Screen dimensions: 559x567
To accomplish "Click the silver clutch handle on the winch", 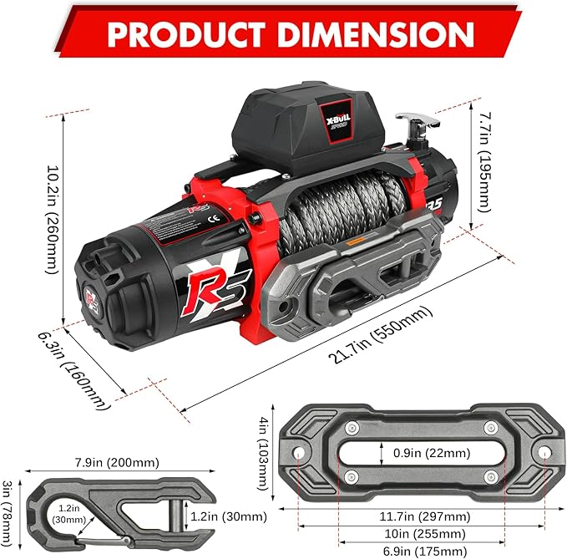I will tap(411, 122).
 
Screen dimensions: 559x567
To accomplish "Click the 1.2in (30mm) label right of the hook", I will tap(228, 516).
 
